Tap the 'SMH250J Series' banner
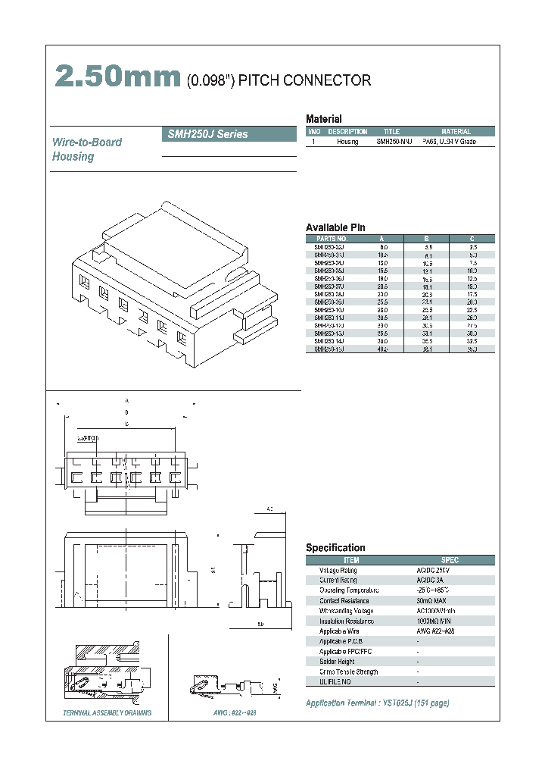pyautogui.click(x=207, y=134)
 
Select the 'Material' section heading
pyautogui.click(x=323, y=119)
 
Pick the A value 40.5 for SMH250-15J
pyautogui.click(x=383, y=349)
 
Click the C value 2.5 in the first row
pyautogui.click(x=472, y=247)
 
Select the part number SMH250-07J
pyautogui.click(x=329, y=287)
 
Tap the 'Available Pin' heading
pyautogui.click(x=335, y=227)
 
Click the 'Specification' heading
pyautogui.click(x=335, y=548)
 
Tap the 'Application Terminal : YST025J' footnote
pyautogui.click(x=377, y=703)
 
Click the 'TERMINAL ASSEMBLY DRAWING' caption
pyautogui.click(x=107, y=713)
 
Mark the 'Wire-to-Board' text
pyautogui.click(x=86, y=142)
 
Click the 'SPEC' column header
pyautogui.click(x=450, y=560)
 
